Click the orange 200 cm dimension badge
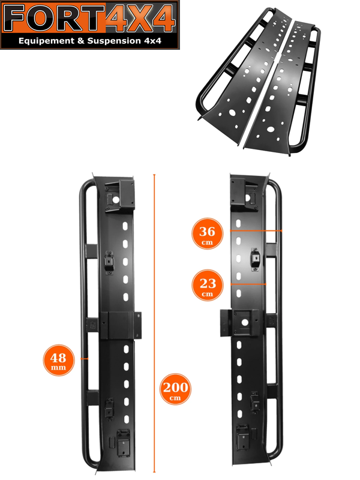[175, 389]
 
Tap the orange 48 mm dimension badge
[58, 360]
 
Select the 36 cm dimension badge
[207, 233]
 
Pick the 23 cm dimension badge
[207, 286]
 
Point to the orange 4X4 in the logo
[140, 19]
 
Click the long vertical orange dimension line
[154, 323]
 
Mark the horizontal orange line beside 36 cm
[256, 231]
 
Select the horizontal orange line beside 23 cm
[248, 284]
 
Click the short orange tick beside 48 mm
[84, 358]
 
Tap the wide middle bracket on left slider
[121, 325]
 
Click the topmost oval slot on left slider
[125, 226]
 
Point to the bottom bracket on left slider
[124, 443]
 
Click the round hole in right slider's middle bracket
[244, 322]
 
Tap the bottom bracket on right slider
[242, 437]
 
